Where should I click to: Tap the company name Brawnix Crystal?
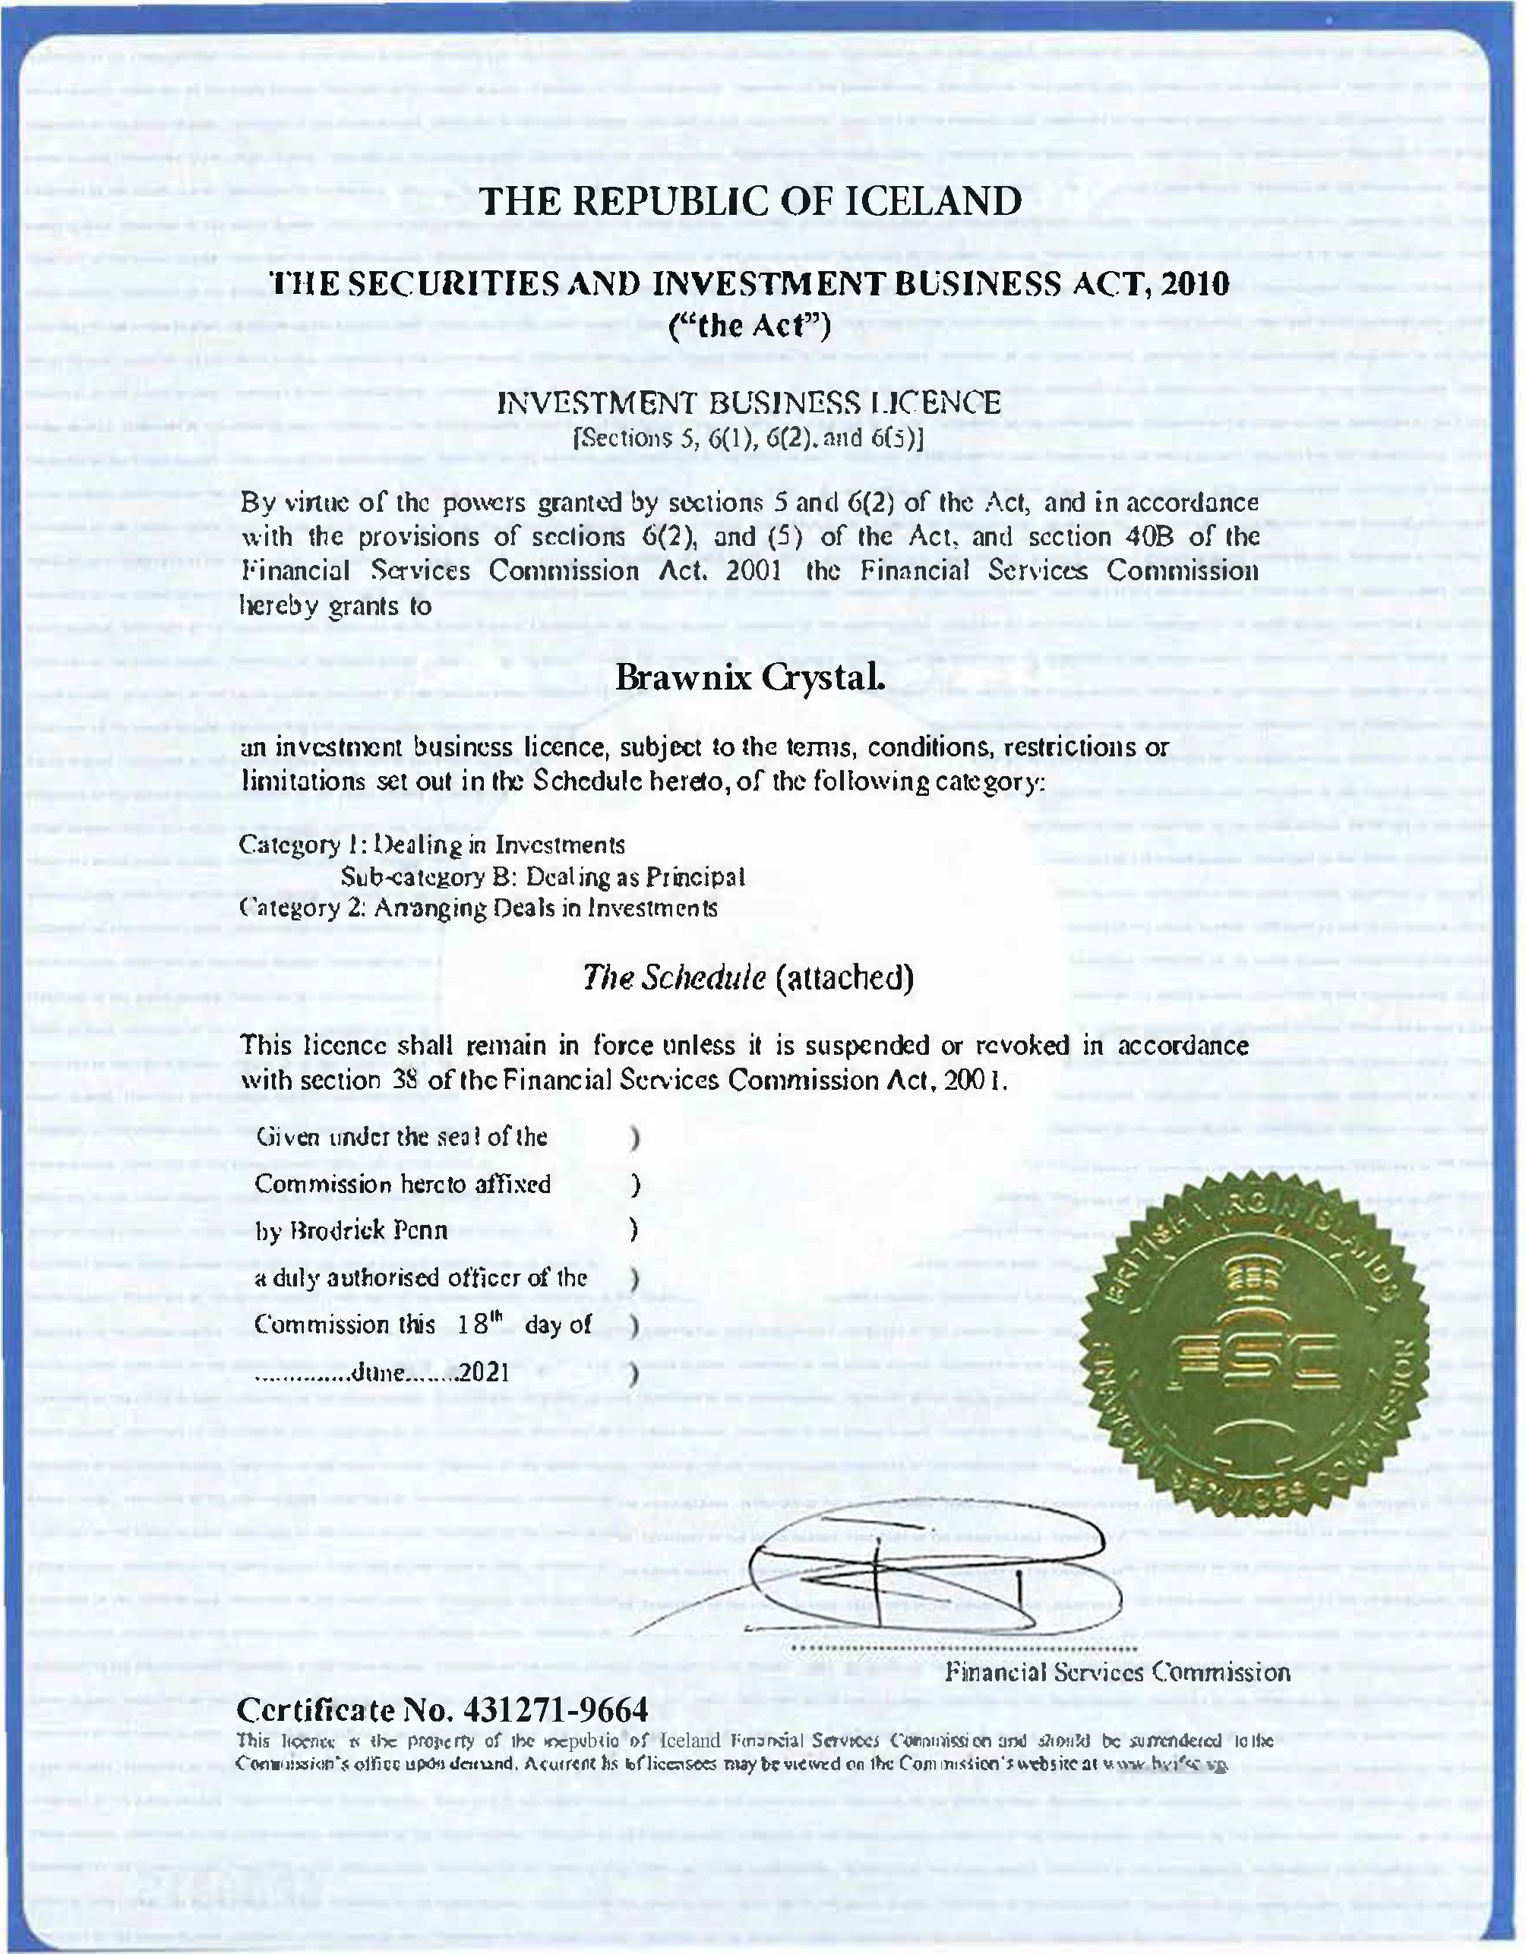[x=750, y=678]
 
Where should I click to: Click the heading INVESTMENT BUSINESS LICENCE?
[x=749, y=402]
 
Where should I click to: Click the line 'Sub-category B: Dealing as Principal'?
[x=542, y=877]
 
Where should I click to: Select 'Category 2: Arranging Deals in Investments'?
[x=479, y=908]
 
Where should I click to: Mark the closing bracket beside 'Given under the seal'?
[x=634, y=1138]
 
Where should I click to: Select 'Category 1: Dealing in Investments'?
[x=432, y=844]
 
